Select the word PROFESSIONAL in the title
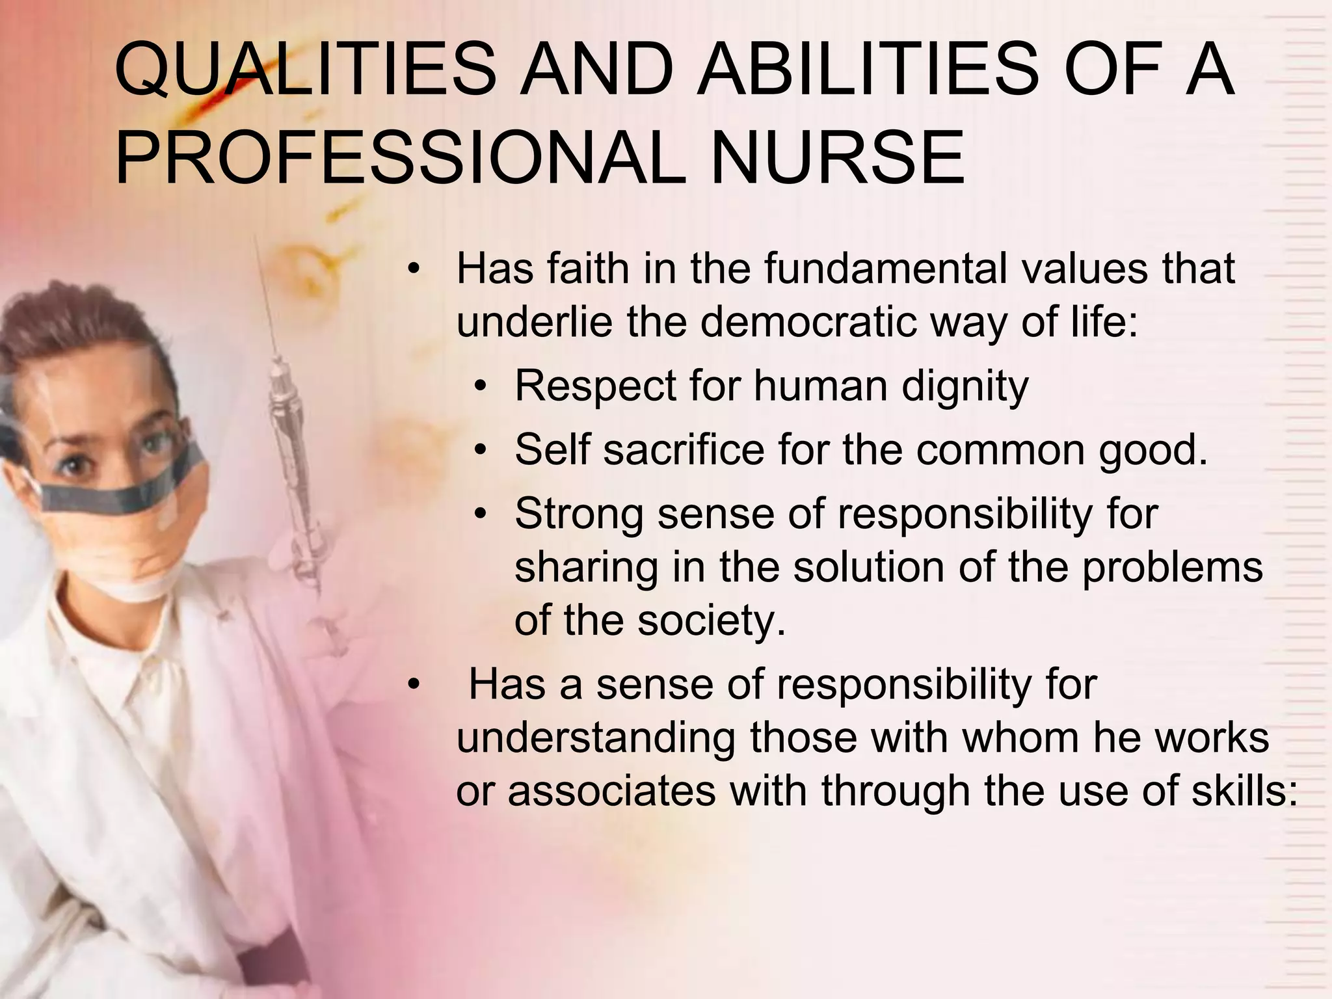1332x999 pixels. [399, 158]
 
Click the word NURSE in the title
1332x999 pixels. [837, 158]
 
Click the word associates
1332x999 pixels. [611, 791]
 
